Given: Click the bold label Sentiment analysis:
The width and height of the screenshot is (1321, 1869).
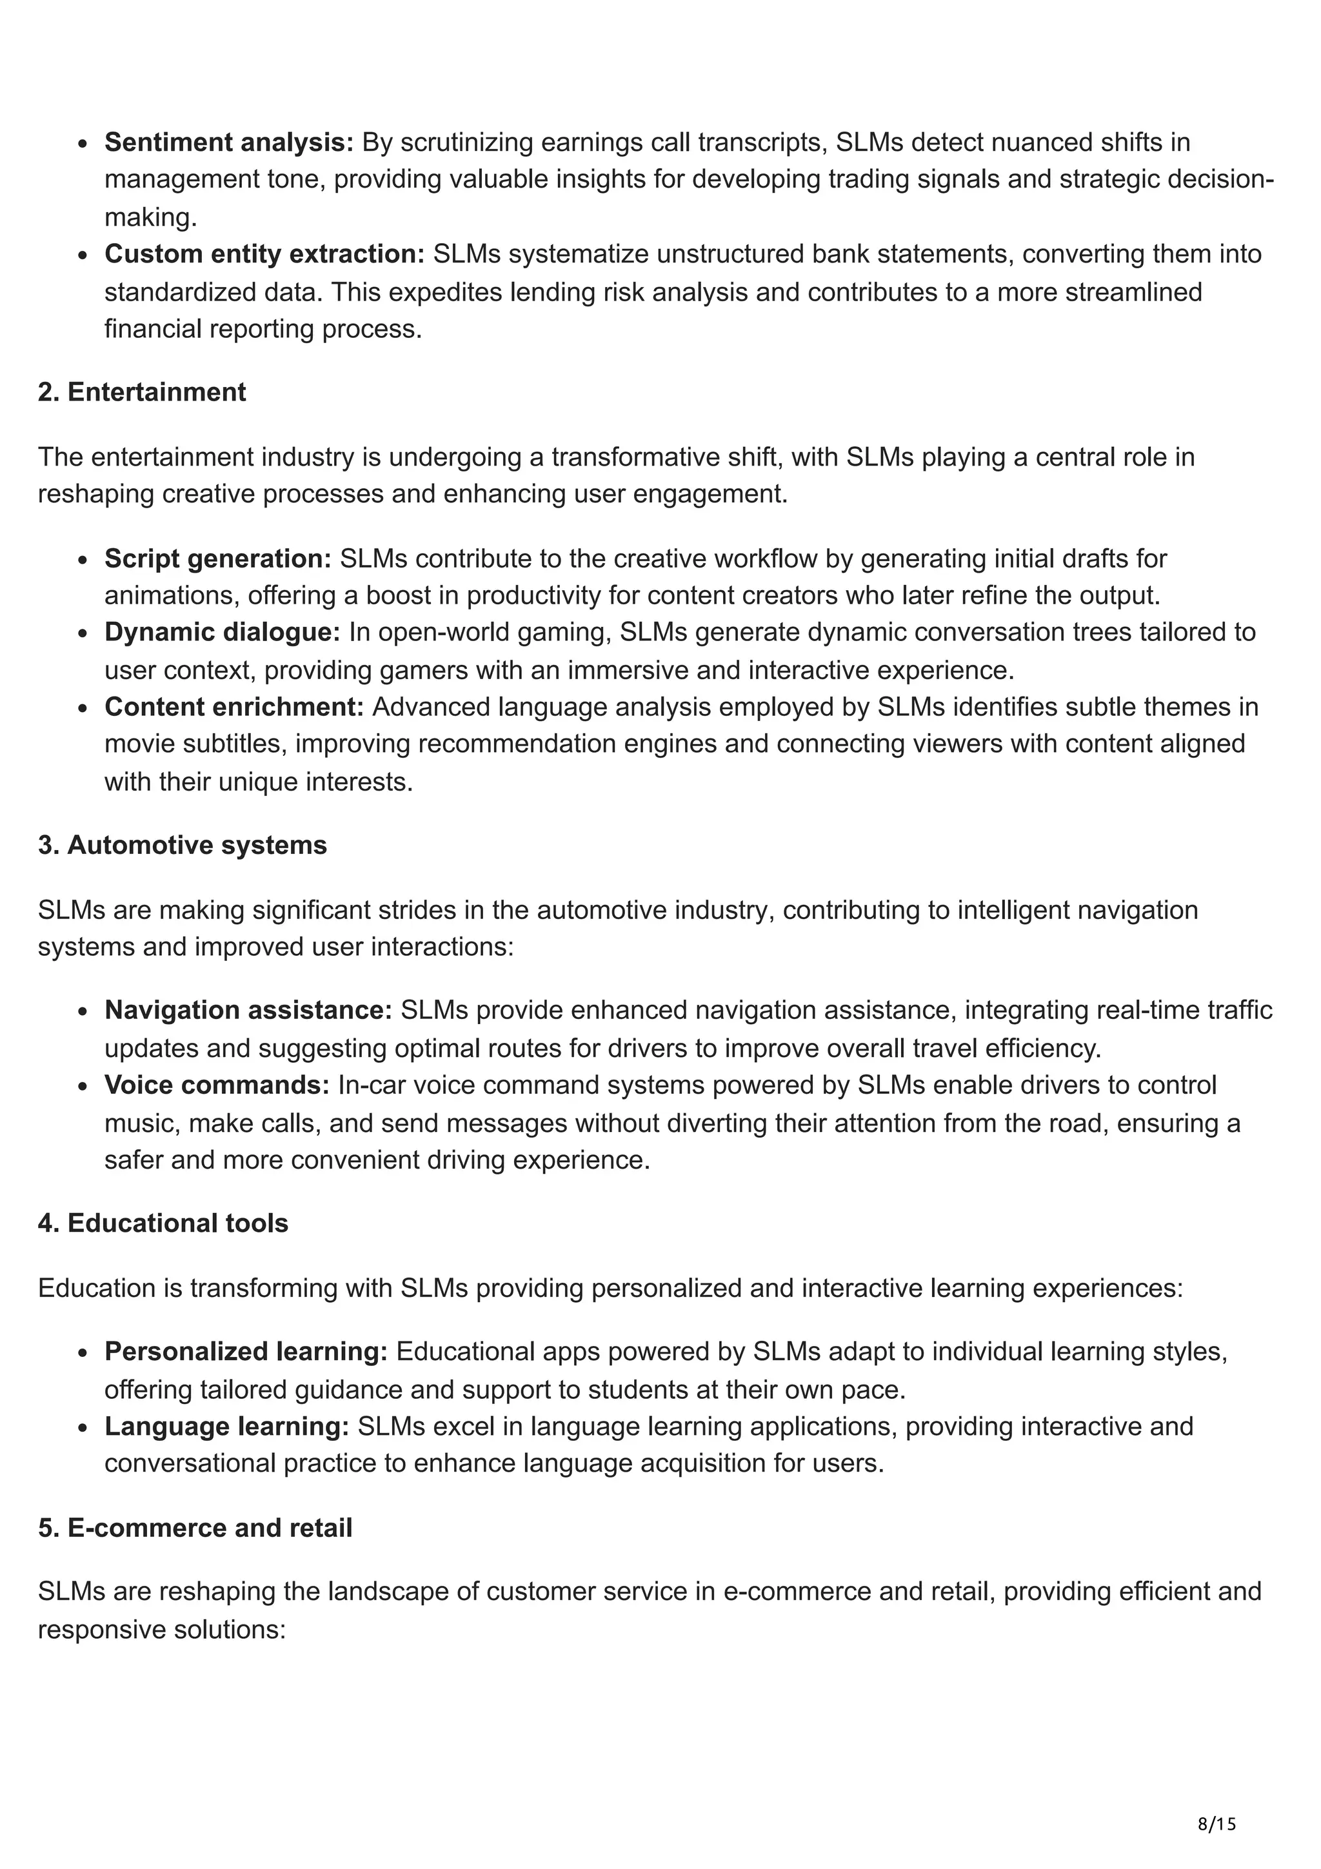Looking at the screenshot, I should (229, 143).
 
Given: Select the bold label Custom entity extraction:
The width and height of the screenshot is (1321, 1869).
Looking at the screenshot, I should (264, 254).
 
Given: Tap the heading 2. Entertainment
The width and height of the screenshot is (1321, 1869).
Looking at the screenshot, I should (142, 392).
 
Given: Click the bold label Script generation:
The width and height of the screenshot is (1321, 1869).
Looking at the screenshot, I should (217, 559).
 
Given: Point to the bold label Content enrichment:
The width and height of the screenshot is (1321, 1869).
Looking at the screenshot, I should (233, 707).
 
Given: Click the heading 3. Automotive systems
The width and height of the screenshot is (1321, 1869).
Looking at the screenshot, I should (183, 845).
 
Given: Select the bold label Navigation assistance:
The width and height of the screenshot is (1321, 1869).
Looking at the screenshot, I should (248, 1010).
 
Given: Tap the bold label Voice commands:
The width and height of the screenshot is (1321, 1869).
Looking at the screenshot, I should (217, 1085).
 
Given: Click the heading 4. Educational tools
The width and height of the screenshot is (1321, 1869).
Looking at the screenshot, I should (163, 1223).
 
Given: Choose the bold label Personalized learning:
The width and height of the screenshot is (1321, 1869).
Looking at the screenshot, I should (246, 1351).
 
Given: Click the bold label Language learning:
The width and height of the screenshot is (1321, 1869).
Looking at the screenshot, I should (226, 1426).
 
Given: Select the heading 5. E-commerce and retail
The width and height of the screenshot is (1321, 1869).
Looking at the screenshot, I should (195, 1528).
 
